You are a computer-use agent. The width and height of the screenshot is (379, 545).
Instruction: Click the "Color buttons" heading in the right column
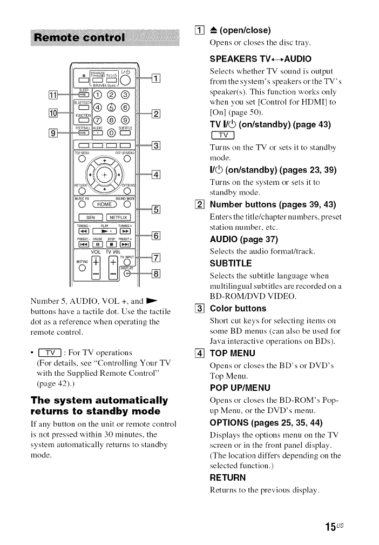(238, 309)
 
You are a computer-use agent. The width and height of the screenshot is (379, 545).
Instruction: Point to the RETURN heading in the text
(228, 477)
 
